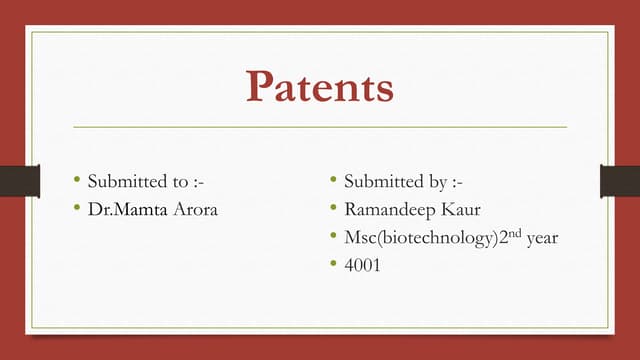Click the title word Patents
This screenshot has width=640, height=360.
(320, 87)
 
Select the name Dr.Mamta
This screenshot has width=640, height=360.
(125, 209)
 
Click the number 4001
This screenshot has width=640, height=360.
(362, 265)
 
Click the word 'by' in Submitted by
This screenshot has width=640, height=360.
(433, 182)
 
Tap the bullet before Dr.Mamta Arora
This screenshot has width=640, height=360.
(76, 209)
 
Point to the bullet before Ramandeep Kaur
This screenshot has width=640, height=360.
(333, 209)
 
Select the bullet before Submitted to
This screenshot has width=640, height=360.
(76, 181)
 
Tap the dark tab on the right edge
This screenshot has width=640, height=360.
(620, 180)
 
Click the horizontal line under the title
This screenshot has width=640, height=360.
(320, 127)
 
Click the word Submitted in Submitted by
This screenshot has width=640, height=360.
(382, 182)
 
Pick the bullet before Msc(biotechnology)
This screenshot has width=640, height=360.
(333, 237)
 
